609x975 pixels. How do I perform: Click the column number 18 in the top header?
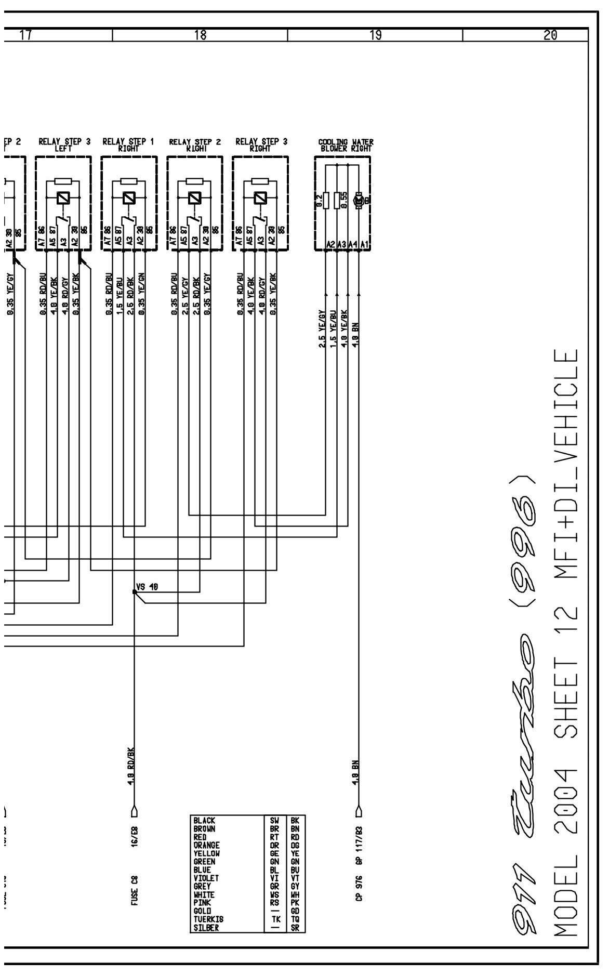coord(200,35)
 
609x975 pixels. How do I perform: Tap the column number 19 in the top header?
coord(375,35)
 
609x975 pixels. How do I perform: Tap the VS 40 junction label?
coord(147,587)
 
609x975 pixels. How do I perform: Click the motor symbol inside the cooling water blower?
coord(358,200)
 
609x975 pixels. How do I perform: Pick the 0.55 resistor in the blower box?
coord(338,200)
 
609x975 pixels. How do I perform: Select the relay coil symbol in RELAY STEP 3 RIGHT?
coord(260,198)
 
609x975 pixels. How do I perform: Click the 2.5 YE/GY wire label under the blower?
coord(322,328)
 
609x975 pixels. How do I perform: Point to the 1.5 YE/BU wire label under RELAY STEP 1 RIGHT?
coord(119,294)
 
